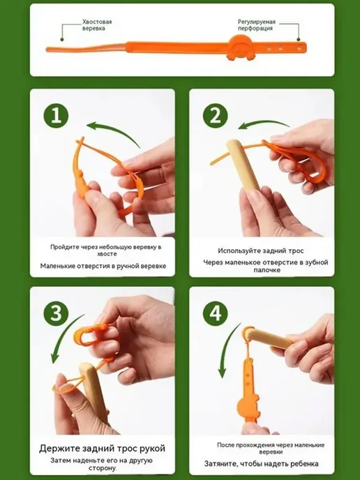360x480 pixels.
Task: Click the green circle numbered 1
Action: point(56,116)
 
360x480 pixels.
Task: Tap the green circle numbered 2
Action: point(216,116)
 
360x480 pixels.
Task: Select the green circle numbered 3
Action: point(56,313)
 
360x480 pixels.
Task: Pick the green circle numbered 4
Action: point(216,313)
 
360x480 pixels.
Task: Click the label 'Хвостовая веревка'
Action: point(97,25)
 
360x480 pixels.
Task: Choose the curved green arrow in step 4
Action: point(227,349)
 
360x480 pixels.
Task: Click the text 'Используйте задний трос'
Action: point(261,250)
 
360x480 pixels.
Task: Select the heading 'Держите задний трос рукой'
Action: point(103,449)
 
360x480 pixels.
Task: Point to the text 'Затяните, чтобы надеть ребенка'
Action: point(262,464)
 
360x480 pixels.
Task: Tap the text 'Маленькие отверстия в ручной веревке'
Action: point(103,266)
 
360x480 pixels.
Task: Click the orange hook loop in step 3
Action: point(89,335)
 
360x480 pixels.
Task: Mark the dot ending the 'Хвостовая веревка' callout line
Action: point(62,39)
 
